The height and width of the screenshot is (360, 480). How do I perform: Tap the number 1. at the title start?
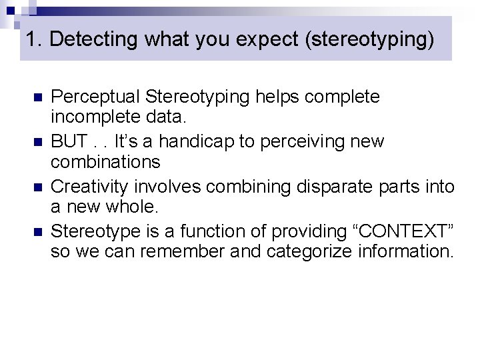34,39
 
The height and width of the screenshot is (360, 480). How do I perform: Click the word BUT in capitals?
68,141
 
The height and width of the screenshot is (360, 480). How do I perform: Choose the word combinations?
105,161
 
